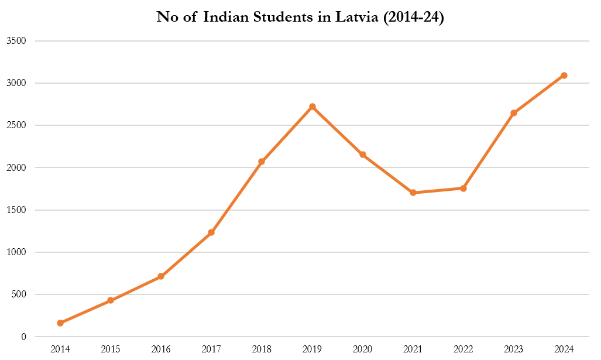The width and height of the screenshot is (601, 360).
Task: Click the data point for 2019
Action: click(x=312, y=107)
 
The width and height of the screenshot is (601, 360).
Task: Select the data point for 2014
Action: click(x=60, y=323)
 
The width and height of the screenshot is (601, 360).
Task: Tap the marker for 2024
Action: click(x=564, y=76)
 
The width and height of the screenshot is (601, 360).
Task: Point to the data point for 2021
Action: click(x=413, y=193)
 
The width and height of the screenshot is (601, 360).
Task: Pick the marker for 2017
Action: click(x=211, y=232)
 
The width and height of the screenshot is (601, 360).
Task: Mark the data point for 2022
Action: click(x=463, y=188)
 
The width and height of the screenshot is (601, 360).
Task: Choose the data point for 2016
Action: click(x=161, y=276)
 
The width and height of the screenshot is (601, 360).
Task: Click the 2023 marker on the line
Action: click(x=514, y=113)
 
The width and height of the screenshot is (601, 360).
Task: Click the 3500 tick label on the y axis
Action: click(x=18, y=41)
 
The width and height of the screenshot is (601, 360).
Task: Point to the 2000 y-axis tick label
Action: click(x=18, y=167)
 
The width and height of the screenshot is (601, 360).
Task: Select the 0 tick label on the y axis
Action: click(x=24, y=337)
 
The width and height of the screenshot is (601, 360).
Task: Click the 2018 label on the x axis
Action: click(x=262, y=349)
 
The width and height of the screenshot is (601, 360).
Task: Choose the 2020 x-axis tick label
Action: click(x=362, y=349)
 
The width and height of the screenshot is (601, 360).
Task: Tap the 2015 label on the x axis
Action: click(x=111, y=349)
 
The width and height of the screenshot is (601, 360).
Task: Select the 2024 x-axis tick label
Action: click(x=564, y=349)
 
